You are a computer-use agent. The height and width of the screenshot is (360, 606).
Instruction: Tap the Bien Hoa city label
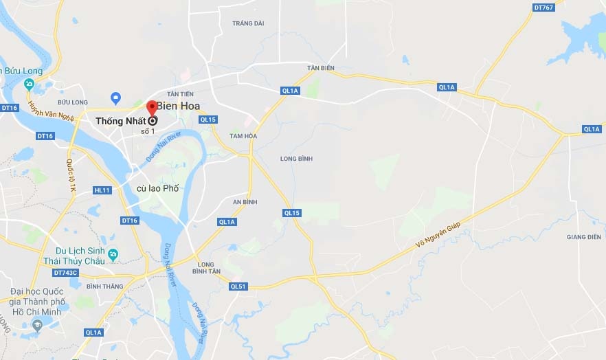tap(179, 106)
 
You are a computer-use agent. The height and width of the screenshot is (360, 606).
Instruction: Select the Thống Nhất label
tap(120, 121)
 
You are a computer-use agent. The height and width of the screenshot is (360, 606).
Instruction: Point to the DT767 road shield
tap(543, 8)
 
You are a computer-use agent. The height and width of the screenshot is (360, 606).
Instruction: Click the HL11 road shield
tap(102, 190)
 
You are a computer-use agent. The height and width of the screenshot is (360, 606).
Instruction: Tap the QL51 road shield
tap(238, 286)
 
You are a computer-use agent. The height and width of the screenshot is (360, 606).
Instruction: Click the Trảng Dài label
tap(248, 23)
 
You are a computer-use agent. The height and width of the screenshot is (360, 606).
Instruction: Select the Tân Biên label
tap(320, 68)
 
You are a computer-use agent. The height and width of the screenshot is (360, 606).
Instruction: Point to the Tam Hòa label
tap(243, 136)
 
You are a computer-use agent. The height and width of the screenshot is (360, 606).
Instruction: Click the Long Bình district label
tap(297, 159)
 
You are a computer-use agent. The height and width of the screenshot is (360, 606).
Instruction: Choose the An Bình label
tap(245, 202)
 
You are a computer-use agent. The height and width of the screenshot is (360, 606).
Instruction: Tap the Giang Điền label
tap(584, 237)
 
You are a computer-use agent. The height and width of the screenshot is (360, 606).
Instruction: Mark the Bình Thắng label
tap(104, 286)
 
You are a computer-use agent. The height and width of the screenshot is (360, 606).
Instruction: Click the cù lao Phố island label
tap(157, 188)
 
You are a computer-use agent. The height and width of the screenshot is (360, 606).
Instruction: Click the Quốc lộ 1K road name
tap(70, 175)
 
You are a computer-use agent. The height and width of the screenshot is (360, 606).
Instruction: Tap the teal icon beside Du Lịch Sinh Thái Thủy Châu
tap(113, 254)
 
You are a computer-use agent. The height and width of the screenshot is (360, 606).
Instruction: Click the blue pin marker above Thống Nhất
tap(115, 98)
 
